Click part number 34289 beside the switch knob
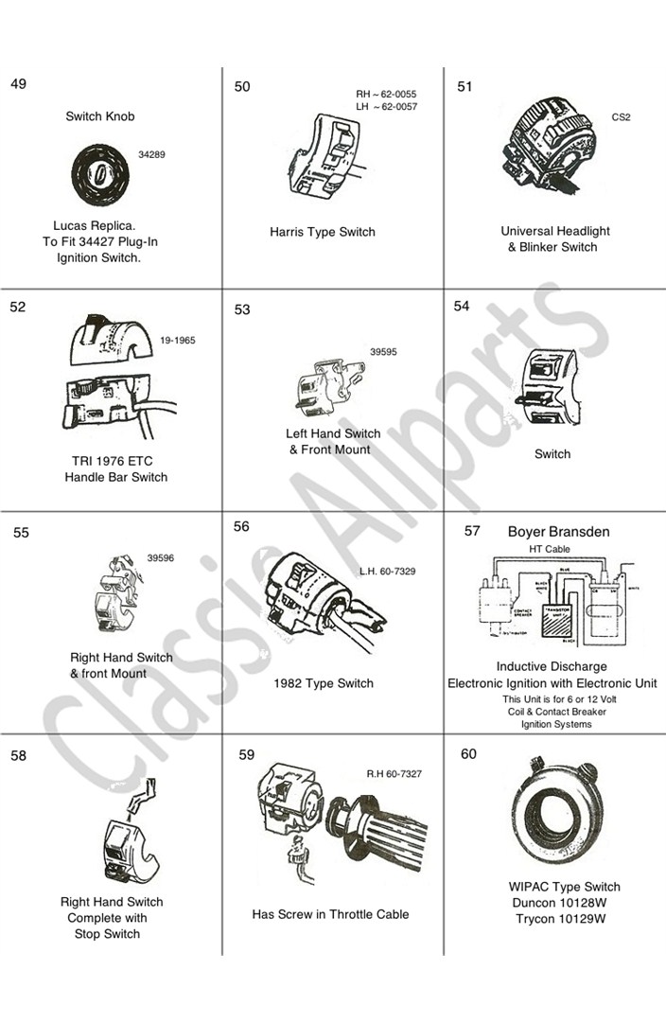151,153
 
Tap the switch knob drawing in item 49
100,176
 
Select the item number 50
242,87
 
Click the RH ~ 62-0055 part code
386,95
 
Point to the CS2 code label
621,117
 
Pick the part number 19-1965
178,341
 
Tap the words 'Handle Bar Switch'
116,477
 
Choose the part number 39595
382,352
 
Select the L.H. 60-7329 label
387,572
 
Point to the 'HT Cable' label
549,549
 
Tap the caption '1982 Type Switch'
324,683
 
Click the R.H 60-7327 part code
394,774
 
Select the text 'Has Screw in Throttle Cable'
330,914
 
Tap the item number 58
19,755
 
